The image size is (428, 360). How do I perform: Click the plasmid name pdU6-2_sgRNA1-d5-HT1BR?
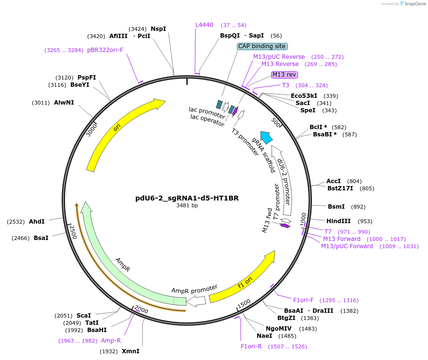pos(187,198)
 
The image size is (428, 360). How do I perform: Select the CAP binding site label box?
pos(262,46)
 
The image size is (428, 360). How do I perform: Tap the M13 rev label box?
pos(285,75)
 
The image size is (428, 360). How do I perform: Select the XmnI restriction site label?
pos(130,351)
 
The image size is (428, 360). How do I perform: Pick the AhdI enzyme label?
pos(37,222)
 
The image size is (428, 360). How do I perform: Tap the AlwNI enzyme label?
pos(64,102)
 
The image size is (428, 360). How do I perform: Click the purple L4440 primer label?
pos(204,25)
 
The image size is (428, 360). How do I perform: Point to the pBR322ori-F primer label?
pos(105,50)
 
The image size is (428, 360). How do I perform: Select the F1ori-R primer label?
pos(251,346)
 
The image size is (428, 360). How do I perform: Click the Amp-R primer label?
pos(111,340)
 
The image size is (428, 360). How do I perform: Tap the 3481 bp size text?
pos(187,206)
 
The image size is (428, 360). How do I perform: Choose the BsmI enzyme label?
pos(336,206)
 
